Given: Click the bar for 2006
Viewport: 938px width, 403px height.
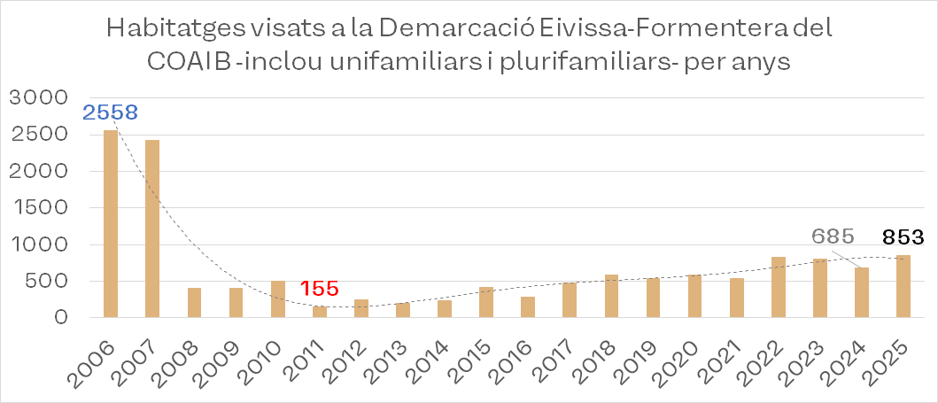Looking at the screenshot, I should [111, 224].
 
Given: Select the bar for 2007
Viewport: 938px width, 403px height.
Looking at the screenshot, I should [152, 229].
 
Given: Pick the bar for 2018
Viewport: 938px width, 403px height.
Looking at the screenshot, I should [611, 296].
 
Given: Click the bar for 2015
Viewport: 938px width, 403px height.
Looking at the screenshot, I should [486, 302].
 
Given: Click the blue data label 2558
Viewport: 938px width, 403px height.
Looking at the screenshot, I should [111, 112].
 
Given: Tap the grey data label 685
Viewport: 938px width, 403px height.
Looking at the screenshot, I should [833, 236].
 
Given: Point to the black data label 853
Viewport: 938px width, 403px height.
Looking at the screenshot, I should [903, 237].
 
